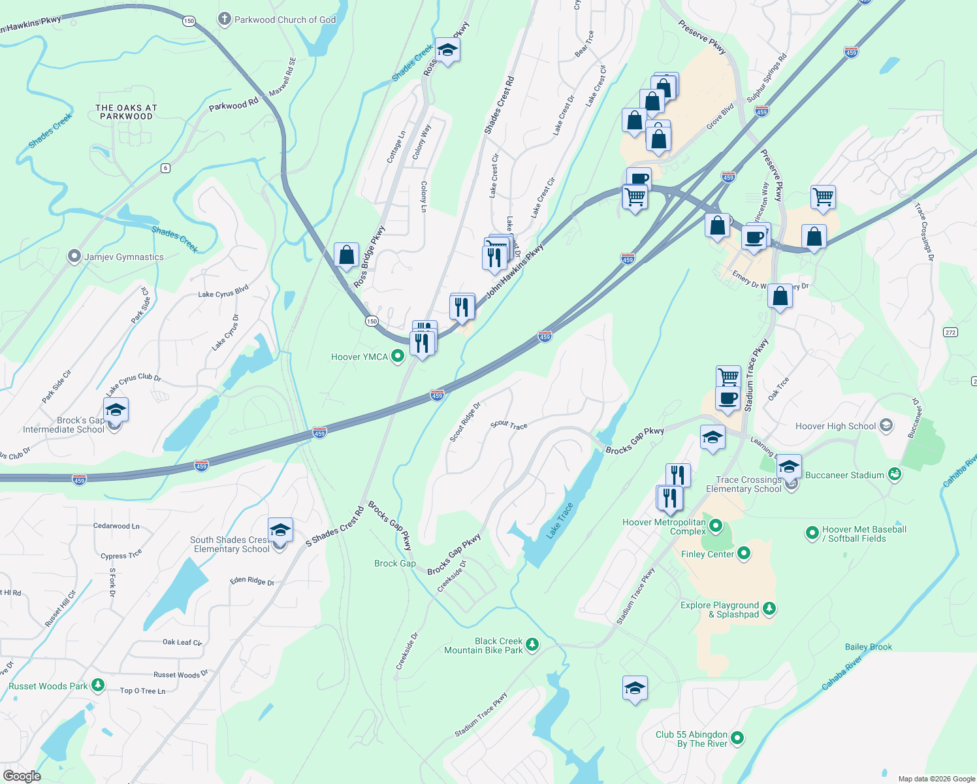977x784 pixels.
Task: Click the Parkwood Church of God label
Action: pos(285,20)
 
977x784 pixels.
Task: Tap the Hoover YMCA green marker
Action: pos(397,357)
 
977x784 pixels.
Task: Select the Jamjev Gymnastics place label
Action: pos(123,257)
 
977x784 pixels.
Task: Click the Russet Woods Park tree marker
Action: pos(98,685)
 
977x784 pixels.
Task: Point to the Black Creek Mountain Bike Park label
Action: pos(483,645)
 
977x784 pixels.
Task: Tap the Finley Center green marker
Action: pos(743,554)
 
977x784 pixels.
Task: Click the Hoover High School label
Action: pos(835,426)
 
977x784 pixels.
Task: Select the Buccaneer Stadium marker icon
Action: pos(895,475)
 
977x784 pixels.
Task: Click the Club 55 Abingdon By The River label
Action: pos(692,739)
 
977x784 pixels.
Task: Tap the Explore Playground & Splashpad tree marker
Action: pos(769,609)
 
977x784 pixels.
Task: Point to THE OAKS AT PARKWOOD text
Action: pos(126,112)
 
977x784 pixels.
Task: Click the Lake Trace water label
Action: pos(560,521)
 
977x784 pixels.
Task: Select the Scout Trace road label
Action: pos(509,425)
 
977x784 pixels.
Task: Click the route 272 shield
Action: pos(950,333)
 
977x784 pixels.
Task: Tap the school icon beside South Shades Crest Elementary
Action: pos(280,531)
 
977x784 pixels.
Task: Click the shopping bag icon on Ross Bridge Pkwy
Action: pos(346,255)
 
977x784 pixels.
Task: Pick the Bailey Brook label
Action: pos(868,647)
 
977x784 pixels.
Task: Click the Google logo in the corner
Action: pos(22,776)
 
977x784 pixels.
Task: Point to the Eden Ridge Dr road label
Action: pos(251,580)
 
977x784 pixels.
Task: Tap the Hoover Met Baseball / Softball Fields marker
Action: pos(812,533)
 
